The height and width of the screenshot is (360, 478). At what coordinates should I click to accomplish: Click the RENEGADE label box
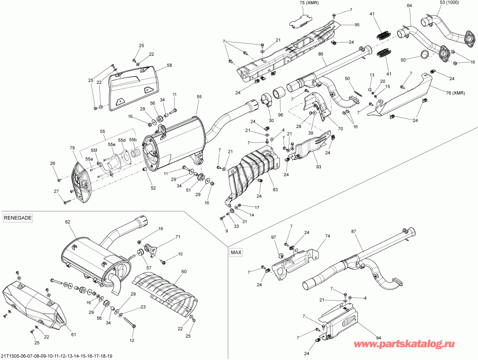(18, 218)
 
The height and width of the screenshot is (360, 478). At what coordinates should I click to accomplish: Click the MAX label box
(236, 253)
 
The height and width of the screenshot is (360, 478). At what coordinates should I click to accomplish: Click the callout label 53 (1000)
(450, 3)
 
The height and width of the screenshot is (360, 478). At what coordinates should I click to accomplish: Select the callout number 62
(67, 221)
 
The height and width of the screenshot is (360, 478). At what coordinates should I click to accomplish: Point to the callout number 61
(73, 334)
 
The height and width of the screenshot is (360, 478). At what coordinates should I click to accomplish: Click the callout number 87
(353, 232)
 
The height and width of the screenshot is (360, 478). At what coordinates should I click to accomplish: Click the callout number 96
(280, 115)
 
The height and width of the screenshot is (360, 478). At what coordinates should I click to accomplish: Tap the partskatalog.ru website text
(412, 345)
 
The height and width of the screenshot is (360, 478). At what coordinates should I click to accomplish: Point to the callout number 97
(274, 237)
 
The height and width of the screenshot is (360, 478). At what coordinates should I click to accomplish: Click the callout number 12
(132, 340)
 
